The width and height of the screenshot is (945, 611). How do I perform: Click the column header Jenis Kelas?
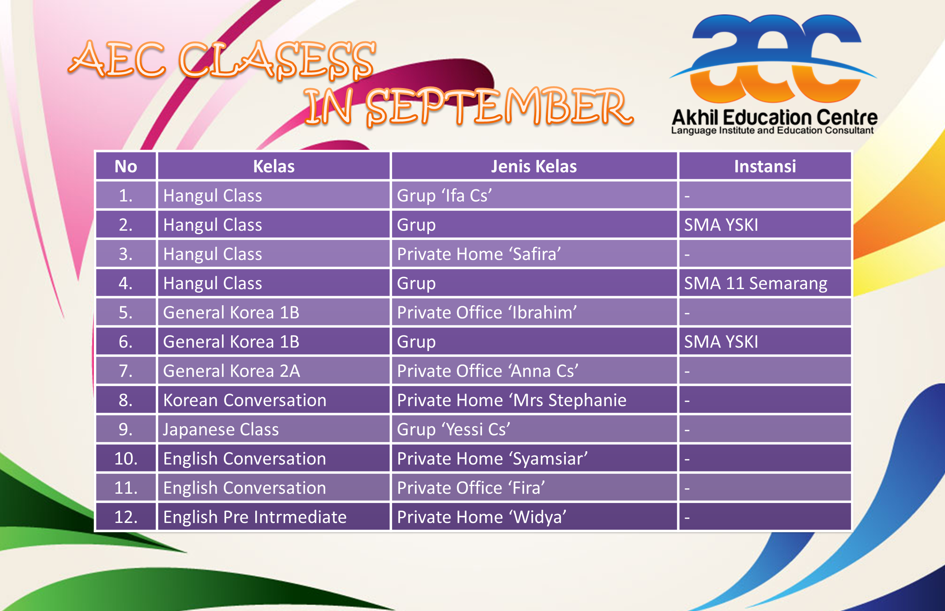[x=533, y=166]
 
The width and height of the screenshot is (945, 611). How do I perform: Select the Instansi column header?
[x=765, y=166]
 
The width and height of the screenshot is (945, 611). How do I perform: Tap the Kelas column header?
[x=274, y=166]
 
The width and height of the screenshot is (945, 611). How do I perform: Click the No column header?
[x=126, y=166]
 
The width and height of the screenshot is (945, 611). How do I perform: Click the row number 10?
[x=126, y=459]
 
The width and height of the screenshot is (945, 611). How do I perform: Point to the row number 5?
[x=126, y=312]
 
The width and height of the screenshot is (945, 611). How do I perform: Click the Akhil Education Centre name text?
[x=774, y=117]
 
